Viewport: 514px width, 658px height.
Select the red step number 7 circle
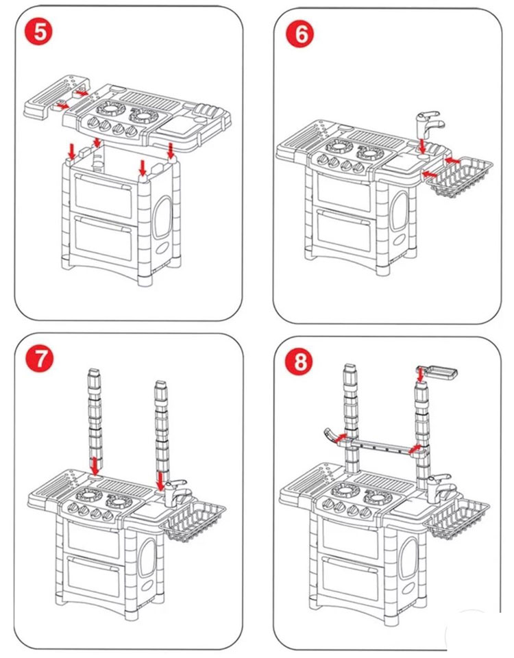[x=41, y=360]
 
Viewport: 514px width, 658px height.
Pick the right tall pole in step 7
[x=161, y=425]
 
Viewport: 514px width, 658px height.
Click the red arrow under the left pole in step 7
[x=95, y=467]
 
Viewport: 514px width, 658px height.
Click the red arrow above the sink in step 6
[x=423, y=146]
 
